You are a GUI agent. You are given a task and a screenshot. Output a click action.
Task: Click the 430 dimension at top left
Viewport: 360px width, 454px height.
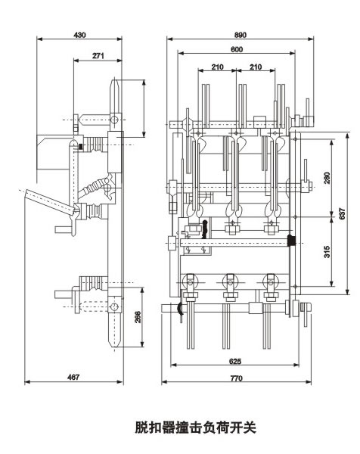coord(79,36)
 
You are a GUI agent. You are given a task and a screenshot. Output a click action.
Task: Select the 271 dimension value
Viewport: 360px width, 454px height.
coord(98,56)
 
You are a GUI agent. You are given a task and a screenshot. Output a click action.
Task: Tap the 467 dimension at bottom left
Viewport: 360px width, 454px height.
coord(73,376)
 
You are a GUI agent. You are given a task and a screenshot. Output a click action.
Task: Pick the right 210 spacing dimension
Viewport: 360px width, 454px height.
coord(256,67)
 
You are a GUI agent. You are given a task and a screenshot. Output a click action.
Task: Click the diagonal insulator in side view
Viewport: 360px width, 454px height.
coord(98,186)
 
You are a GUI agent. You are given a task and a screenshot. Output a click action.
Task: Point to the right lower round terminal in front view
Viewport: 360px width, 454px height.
coord(268,283)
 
